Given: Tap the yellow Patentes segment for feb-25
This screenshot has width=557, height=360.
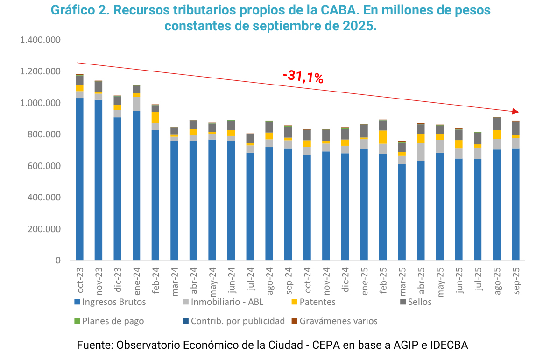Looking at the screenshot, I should pyautogui.click(x=383, y=137).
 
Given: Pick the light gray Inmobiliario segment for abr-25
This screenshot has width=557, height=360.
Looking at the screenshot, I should pyautogui.click(x=421, y=152).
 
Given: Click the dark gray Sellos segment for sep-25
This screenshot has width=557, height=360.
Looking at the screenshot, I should pyautogui.click(x=515, y=128).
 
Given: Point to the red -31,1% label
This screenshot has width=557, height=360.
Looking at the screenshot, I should pyautogui.click(x=303, y=77).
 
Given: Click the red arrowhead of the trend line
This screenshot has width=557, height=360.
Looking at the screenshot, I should pyautogui.click(x=515, y=112).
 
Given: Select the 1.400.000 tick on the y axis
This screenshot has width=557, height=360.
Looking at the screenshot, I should pyautogui.click(x=41, y=40).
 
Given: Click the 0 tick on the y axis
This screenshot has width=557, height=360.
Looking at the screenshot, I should pyautogui.click(x=59, y=261).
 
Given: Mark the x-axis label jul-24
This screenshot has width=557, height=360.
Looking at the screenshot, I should pyautogui.click(x=251, y=281).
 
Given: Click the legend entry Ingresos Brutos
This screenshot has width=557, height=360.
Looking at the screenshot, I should pyautogui.click(x=114, y=302).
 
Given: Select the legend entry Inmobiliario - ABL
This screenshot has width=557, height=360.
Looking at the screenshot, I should pyautogui.click(x=227, y=302).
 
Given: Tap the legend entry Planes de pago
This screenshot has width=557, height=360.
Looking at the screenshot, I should pyautogui.click(x=113, y=321).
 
